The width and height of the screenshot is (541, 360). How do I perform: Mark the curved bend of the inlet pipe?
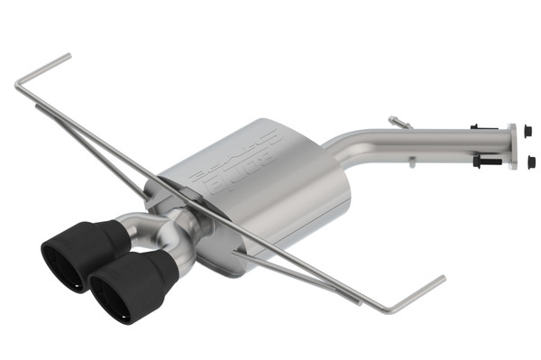click(344, 145)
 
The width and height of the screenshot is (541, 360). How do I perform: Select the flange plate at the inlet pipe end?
click(512, 147)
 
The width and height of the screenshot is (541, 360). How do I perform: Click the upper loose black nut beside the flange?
click(527, 130)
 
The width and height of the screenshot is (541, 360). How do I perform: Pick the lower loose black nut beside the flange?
click(530, 162)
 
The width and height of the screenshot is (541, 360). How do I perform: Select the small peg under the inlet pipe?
click(410, 163)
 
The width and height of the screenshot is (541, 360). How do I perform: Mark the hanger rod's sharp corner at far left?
click(17, 86)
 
